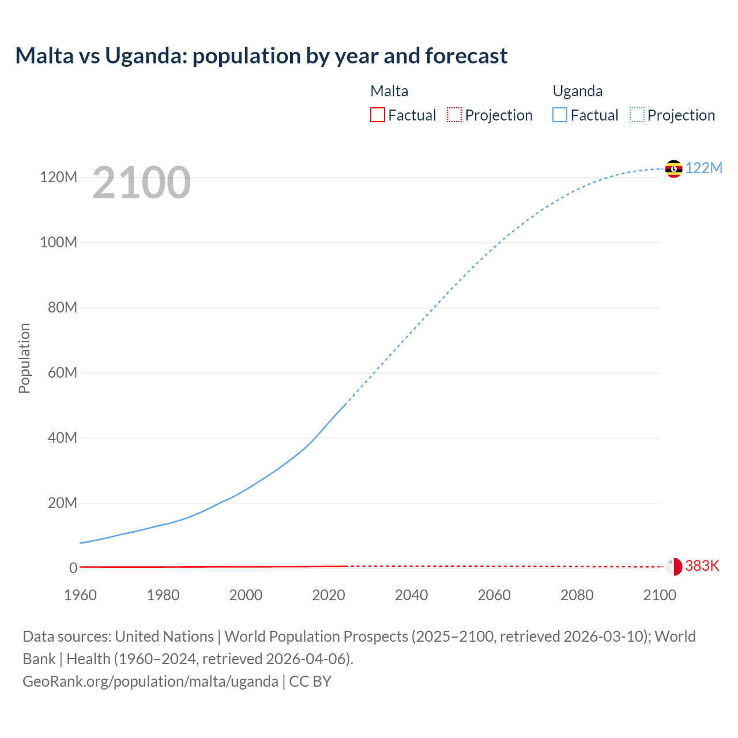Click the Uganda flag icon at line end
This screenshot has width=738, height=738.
(x=673, y=169)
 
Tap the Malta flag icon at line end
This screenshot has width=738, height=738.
(x=673, y=566)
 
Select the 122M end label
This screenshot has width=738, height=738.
(x=704, y=168)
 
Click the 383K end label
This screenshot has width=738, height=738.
(x=702, y=566)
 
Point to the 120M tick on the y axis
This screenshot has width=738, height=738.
(x=58, y=177)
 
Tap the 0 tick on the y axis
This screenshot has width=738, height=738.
(x=73, y=568)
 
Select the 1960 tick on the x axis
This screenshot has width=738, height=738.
(x=80, y=595)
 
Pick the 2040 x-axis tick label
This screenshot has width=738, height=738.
(x=411, y=595)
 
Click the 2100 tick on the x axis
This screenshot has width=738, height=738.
(x=660, y=595)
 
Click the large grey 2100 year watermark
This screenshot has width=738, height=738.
(x=141, y=183)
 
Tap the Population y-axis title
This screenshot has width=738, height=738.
(x=24, y=358)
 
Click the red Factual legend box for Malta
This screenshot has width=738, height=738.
(x=377, y=115)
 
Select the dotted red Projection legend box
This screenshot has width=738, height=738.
(x=454, y=115)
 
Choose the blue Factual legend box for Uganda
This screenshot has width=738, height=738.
(x=559, y=115)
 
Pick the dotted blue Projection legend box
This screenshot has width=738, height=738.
(x=637, y=115)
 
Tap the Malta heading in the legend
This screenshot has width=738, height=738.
(x=389, y=91)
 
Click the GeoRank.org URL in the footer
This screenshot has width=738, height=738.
(x=150, y=681)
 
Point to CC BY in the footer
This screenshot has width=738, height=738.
(x=310, y=681)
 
